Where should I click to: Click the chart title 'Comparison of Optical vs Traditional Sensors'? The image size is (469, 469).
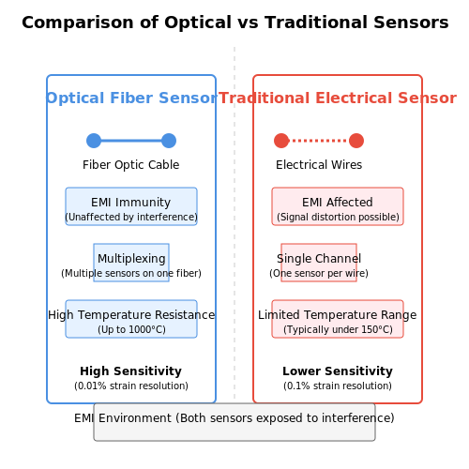235,23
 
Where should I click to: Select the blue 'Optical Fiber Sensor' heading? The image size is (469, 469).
131,98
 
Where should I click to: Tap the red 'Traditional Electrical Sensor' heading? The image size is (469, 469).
338,98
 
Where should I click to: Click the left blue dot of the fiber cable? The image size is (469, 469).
94,141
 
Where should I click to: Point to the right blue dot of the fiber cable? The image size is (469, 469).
169,141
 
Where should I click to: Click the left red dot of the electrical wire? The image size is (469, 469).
281,141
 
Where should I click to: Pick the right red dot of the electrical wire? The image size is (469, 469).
356,141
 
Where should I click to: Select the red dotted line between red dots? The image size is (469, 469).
319,141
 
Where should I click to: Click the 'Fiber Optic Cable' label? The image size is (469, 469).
131,165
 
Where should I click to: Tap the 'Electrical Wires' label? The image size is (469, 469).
319,165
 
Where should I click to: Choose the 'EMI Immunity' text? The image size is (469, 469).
131,203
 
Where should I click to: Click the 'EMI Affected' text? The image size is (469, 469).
338,203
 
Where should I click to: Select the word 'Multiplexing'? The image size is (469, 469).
131,259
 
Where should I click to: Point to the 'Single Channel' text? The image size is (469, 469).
319,259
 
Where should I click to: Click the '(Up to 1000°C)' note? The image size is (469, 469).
131,329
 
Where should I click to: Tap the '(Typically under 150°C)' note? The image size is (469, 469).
338,329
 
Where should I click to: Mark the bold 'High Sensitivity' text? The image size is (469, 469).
131,371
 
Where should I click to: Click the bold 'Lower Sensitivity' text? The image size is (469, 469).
338,371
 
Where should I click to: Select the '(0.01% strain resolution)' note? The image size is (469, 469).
131,386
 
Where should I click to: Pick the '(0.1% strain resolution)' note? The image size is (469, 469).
338,386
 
